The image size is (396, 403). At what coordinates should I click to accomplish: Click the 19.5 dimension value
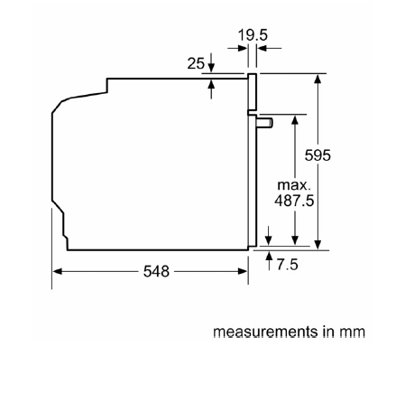tap(253, 35)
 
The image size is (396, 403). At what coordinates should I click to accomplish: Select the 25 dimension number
tap(196, 63)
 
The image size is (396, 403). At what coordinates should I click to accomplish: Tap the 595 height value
tap(318, 155)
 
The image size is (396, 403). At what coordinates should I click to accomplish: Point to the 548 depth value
tap(156, 271)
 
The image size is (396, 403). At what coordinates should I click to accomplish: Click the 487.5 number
tap(294, 201)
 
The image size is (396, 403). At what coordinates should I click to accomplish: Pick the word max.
tap(294, 185)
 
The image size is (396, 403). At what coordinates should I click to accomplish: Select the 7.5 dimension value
tap(288, 265)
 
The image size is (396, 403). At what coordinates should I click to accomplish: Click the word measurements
tap(265, 332)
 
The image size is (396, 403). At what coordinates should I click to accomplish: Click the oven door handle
tap(264, 123)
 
